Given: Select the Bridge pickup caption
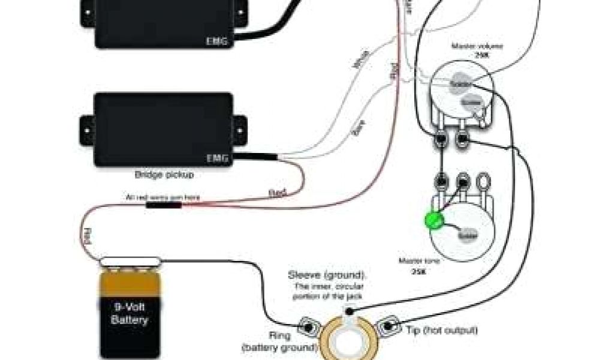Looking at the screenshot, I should coord(164,175).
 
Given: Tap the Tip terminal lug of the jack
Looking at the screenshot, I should coord(387,326).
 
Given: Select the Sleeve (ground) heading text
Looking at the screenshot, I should coord(326,275).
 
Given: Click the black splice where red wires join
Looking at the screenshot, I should coord(164,205).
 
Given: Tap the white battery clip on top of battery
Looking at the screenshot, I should coord(130,260).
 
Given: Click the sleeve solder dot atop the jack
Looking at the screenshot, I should coord(350,310).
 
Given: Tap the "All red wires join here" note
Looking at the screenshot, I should coord(162,197).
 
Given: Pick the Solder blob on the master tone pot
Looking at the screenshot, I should coord(467,236).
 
